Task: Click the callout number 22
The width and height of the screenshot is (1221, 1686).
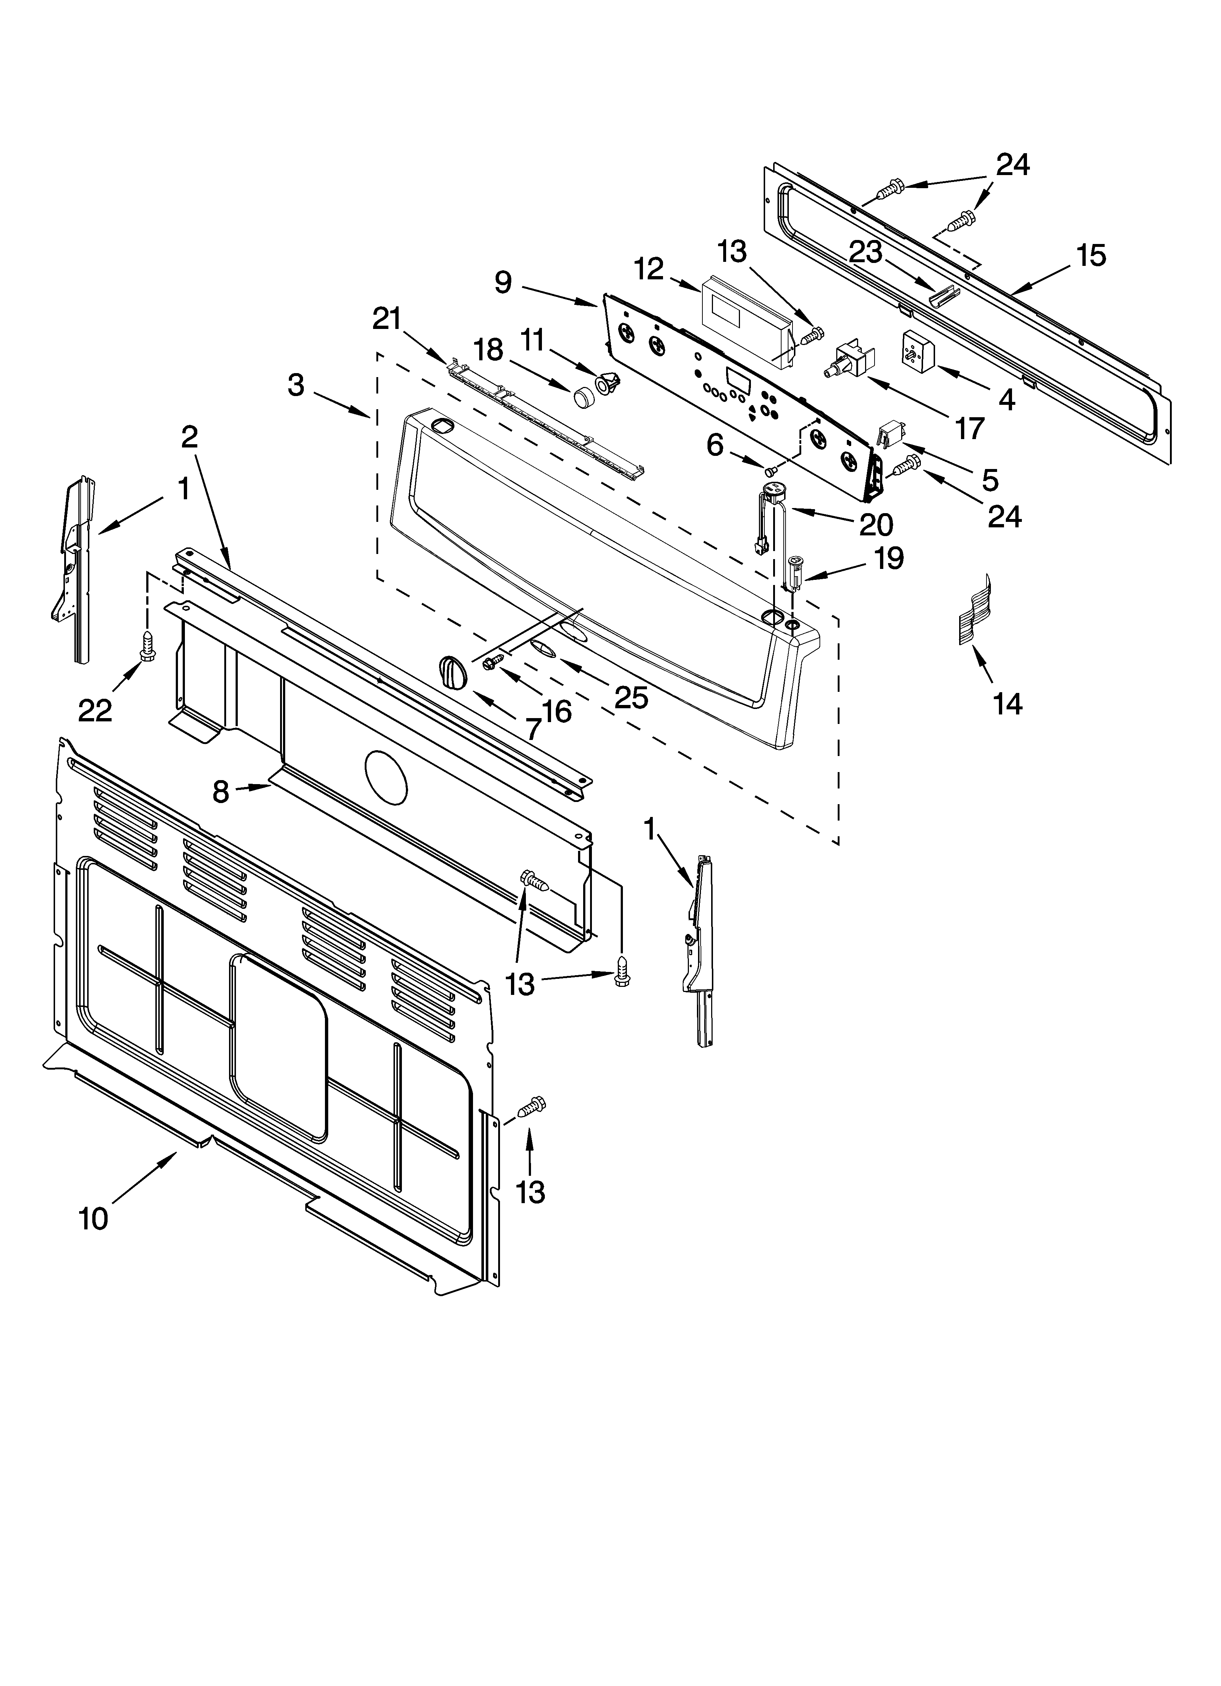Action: (x=95, y=710)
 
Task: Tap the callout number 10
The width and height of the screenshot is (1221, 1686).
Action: (x=94, y=1218)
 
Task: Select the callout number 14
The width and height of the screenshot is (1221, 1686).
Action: (x=1008, y=702)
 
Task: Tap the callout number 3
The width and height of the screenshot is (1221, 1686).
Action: (x=296, y=385)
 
